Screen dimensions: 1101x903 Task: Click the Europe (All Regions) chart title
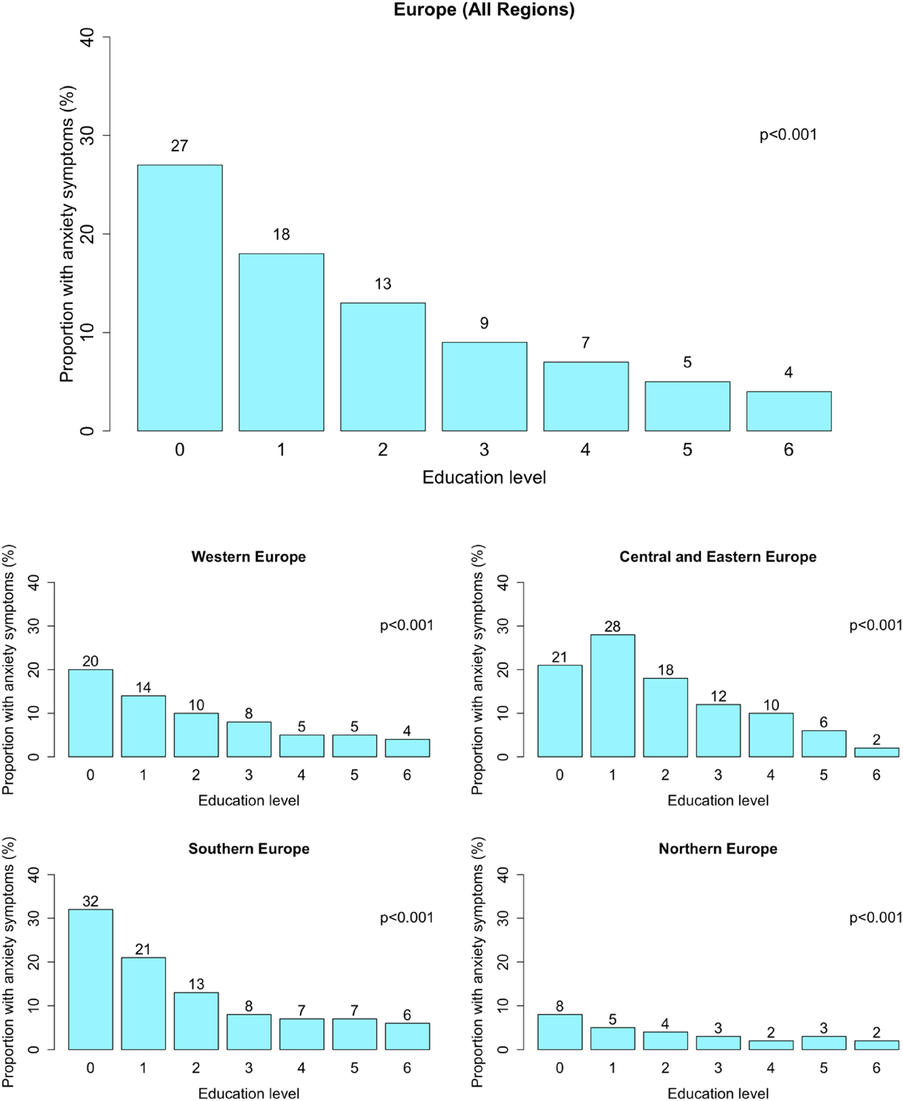(x=484, y=9)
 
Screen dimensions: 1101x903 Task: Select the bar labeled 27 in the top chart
(x=180, y=297)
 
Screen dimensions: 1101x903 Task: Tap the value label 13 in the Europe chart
(x=383, y=284)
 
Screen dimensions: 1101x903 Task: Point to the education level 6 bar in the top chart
(x=789, y=411)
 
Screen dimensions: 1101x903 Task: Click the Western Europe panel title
(x=249, y=557)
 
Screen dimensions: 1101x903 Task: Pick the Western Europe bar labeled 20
(x=90, y=713)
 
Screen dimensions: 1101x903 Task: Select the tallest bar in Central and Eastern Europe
(x=612, y=695)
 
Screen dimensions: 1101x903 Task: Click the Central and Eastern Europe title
(x=718, y=557)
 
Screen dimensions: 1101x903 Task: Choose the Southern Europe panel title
(x=249, y=849)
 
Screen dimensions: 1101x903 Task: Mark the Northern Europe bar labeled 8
(x=560, y=1032)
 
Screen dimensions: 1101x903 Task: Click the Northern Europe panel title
(x=718, y=849)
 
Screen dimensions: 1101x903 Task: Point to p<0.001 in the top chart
(x=788, y=135)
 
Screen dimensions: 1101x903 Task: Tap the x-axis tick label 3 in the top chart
(x=484, y=450)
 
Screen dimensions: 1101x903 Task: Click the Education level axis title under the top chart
(x=484, y=477)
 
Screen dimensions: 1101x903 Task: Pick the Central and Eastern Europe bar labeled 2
(x=876, y=752)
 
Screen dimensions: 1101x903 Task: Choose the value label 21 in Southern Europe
(x=143, y=949)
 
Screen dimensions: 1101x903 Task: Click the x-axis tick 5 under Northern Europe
(x=823, y=1068)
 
